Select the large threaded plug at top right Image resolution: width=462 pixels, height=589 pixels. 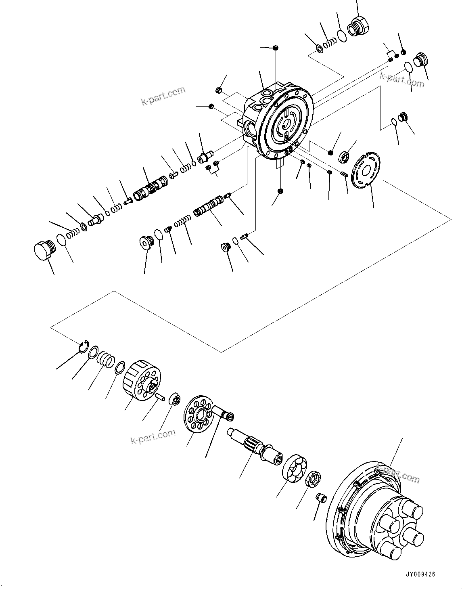point(356,26)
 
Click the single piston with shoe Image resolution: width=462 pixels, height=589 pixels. point(224,413)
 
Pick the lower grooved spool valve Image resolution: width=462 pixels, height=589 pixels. point(208,207)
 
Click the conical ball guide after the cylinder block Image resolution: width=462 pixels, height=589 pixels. point(174,399)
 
